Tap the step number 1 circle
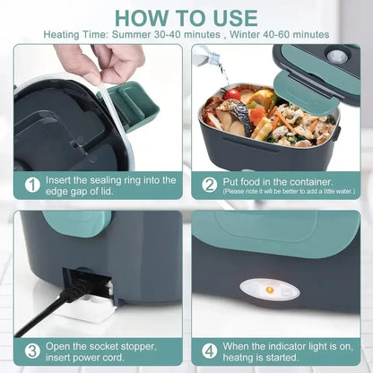pyautogui.click(x=32, y=185)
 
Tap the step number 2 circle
pyautogui.click(x=209, y=185)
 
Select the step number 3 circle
pyautogui.click(x=32, y=351)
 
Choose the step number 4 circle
pyautogui.click(x=209, y=351)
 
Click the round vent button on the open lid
pyautogui.click(x=338, y=56)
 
